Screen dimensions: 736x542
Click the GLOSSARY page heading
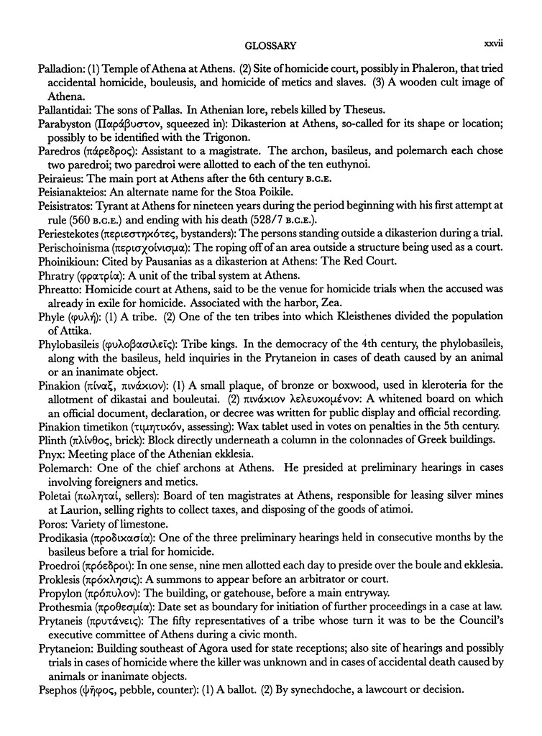pos(271,46)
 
